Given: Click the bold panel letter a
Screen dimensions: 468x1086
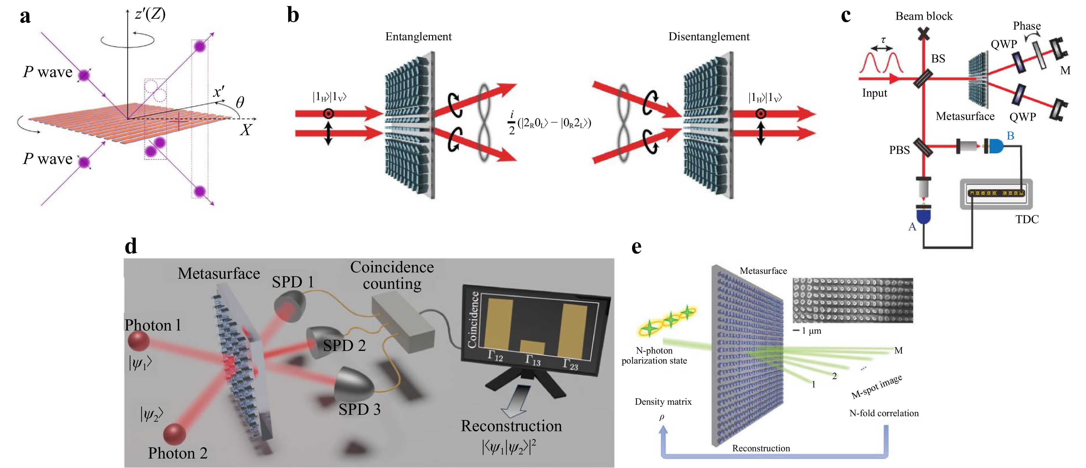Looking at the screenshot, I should click(25, 17).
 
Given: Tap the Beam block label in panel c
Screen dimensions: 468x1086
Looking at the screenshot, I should click(924, 16).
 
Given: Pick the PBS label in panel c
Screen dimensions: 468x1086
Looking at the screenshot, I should click(899, 150).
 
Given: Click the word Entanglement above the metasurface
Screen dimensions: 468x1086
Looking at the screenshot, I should click(418, 37).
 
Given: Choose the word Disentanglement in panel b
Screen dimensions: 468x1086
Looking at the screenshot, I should click(709, 37).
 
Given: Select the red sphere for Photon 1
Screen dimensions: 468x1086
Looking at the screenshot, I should click(139, 341).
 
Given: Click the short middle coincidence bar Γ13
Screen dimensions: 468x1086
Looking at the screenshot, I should click(532, 348).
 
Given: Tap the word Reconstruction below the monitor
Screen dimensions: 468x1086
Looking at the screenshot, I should click(511, 426).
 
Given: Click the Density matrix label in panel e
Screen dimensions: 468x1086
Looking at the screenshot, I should click(663, 402).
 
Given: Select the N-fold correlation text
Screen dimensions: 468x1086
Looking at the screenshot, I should click(884, 413).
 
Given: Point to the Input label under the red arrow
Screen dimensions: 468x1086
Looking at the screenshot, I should click(874, 93).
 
